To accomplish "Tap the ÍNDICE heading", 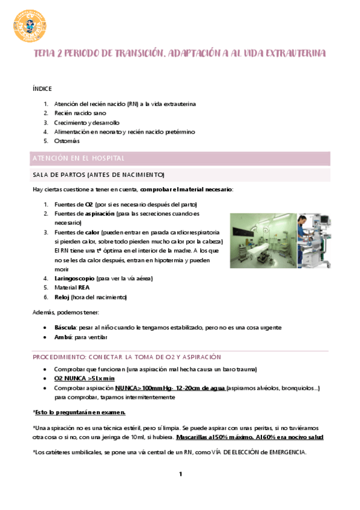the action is pos(42,88).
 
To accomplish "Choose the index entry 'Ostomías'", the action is pos(67,141).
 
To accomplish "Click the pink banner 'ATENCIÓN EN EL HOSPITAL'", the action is pos(78,158).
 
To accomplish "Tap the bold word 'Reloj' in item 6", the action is pos(61,297).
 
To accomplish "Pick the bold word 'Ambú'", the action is pos(63,337).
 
